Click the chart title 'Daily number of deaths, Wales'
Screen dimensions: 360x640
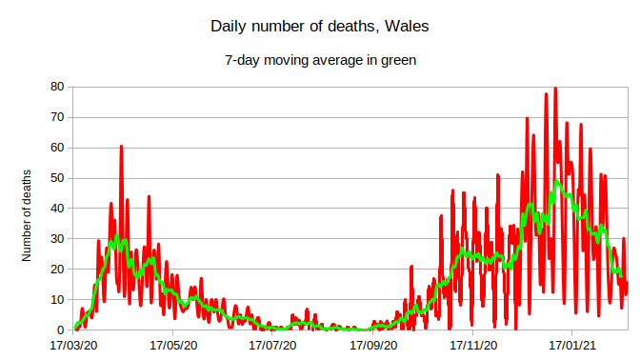[x=319, y=27]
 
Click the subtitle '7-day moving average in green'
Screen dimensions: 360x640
[x=319, y=60]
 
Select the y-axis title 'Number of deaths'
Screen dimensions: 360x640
[x=28, y=214]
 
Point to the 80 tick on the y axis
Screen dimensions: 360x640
[x=56, y=87]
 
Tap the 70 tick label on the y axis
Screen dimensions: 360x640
[x=56, y=117]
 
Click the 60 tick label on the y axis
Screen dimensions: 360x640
[x=56, y=148]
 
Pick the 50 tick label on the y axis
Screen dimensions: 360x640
[x=56, y=178]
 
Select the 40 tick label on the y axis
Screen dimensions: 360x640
[x=56, y=209]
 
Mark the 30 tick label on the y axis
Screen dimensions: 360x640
[x=56, y=239]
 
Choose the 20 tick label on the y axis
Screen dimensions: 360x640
[x=56, y=270]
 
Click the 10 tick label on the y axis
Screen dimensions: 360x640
[x=56, y=300]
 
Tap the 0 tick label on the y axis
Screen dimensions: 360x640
[x=60, y=330]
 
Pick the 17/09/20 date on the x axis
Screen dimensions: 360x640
[x=373, y=346]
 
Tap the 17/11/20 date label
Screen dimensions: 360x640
[x=473, y=346]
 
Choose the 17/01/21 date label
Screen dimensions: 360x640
[x=573, y=346]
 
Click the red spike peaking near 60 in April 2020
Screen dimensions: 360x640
[x=121, y=148]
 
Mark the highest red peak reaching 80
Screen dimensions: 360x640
[x=555, y=89]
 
